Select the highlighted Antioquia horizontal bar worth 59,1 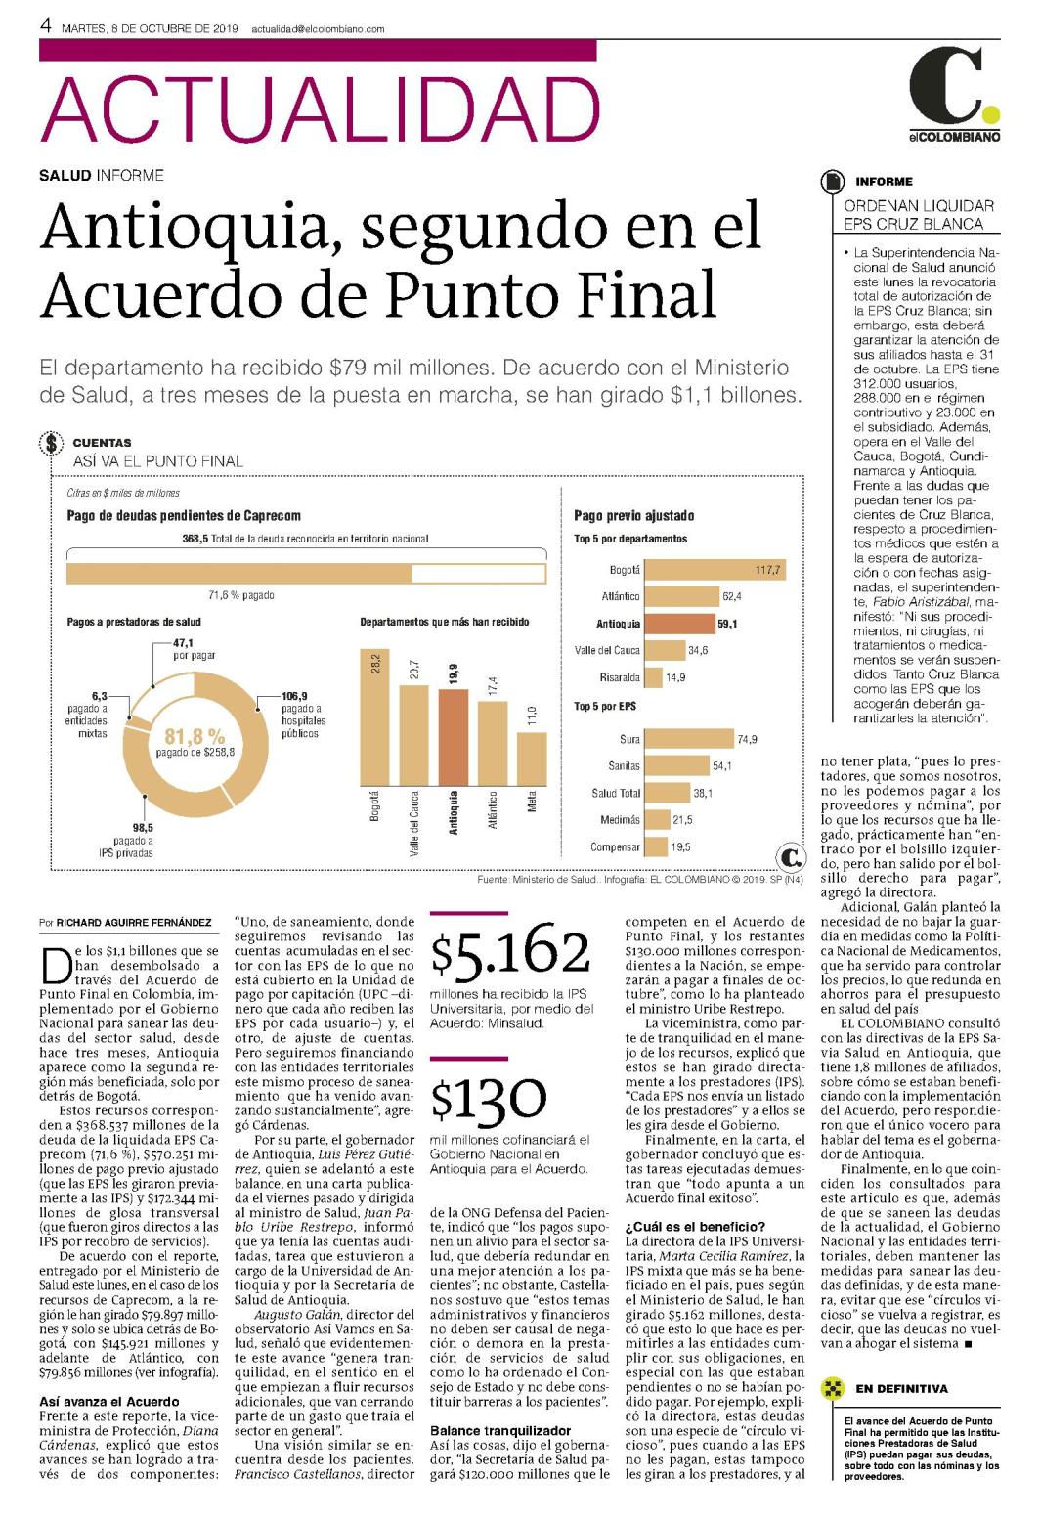click(680, 624)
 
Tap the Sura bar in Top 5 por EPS click(689, 738)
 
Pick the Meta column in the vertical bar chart click(532, 759)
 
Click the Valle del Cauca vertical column click(413, 736)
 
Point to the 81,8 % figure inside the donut click(195, 736)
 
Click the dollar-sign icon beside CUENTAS click(52, 444)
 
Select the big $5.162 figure click(510, 951)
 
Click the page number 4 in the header click(46, 26)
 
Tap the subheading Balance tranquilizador click(500, 1430)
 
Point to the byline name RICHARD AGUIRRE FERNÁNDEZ click(134, 923)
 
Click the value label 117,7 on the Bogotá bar click(767, 570)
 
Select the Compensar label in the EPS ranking click(615, 846)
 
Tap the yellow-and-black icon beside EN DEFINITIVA click(832, 1388)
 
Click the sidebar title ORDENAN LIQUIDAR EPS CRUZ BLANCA click(918, 215)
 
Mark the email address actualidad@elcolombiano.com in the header click(318, 29)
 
